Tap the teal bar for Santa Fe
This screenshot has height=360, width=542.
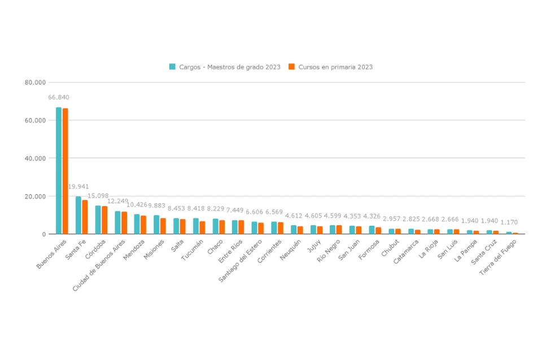pyautogui.click(x=78, y=215)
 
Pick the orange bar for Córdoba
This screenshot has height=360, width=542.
pyautogui.click(x=104, y=220)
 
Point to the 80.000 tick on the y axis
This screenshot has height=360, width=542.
pyautogui.click(x=35, y=82)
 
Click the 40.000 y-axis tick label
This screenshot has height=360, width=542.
pyautogui.click(x=35, y=159)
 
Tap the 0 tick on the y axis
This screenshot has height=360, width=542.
pyautogui.click(x=43, y=234)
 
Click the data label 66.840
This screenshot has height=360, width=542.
pyautogui.click(x=59, y=98)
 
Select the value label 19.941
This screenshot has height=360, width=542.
pyautogui.click(x=78, y=187)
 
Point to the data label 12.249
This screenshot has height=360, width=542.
pyautogui.click(x=118, y=201)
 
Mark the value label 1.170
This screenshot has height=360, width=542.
pyautogui.click(x=509, y=223)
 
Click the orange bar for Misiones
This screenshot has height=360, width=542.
pyautogui.click(x=163, y=226)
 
